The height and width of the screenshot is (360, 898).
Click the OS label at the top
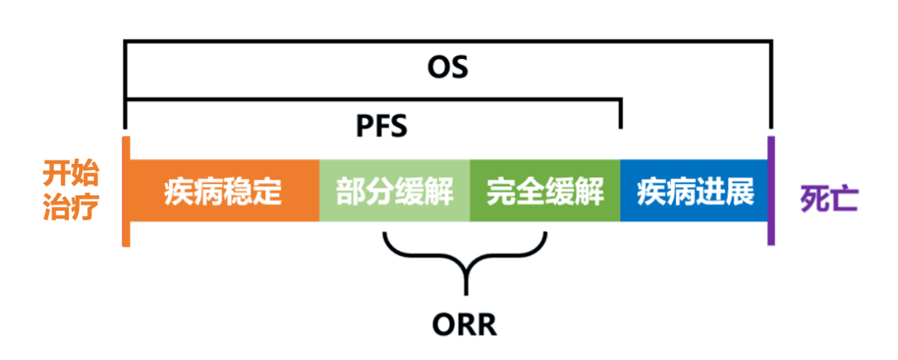pyautogui.click(x=448, y=67)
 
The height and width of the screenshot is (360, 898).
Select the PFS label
pyautogui.click(x=382, y=126)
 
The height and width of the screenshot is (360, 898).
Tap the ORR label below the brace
pyautogui.click(x=465, y=324)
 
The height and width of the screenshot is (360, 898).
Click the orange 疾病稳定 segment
pyautogui.click(x=222, y=191)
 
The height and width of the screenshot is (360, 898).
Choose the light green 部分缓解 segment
pyautogui.click(x=395, y=191)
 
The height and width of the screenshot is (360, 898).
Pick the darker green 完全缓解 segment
pyautogui.click(x=545, y=191)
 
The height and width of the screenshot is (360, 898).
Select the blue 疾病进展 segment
pyautogui.click(x=695, y=191)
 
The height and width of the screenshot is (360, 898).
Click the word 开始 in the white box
pyautogui.click(x=72, y=175)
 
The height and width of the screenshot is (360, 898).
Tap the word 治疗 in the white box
pyautogui.click(x=72, y=206)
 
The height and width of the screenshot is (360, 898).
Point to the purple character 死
pyautogui.click(x=813, y=200)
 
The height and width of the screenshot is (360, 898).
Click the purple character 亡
pyautogui.click(x=845, y=200)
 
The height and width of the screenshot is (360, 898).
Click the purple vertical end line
pyautogui.click(x=771, y=191)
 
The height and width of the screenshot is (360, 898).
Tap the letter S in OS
pyautogui.click(x=459, y=67)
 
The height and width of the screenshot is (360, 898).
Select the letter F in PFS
pyautogui.click(x=382, y=126)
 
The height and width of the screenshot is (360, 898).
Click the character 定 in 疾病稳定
pyautogui.click(x=267, y=191)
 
